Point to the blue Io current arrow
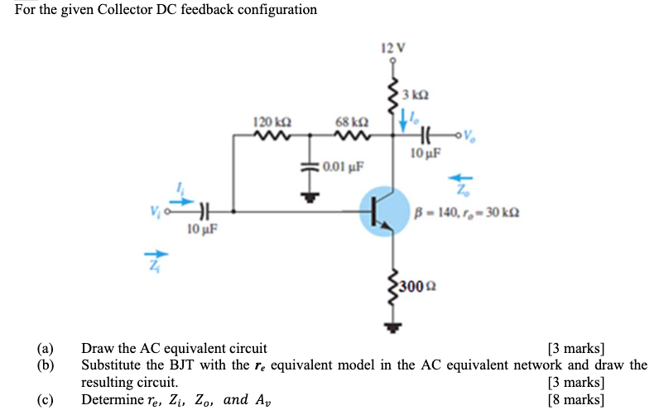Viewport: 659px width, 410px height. tap(405, 121)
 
